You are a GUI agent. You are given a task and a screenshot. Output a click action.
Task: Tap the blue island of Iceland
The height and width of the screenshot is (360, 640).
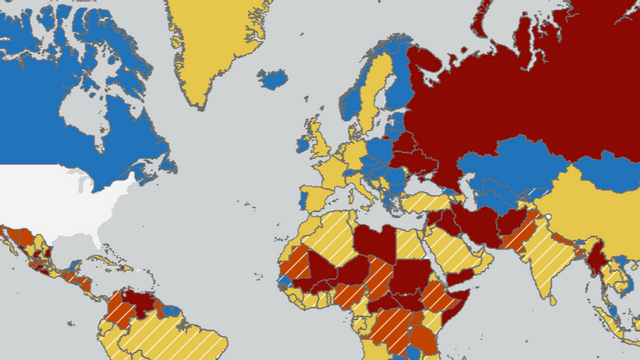(x=273, y=77)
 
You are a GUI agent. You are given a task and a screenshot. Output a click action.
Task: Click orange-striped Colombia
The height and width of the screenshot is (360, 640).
(x=117, y=314)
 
